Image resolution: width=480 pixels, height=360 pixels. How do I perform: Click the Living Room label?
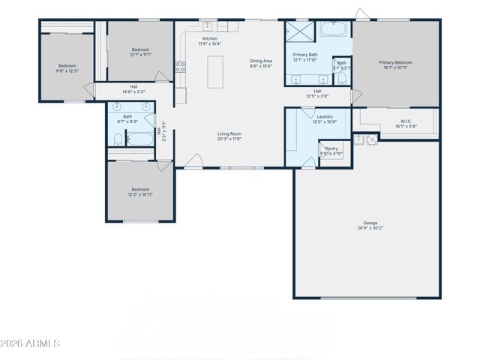click(229, 133)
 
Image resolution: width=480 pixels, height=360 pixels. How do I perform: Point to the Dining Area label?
click(261, 61)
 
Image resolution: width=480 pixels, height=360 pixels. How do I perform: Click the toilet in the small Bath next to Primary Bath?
click(342, 77)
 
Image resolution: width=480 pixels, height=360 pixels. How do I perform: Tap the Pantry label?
click(331, 148)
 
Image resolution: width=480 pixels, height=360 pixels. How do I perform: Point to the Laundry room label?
click(325, 116)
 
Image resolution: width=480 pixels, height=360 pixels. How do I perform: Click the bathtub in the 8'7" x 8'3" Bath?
click(140, 139)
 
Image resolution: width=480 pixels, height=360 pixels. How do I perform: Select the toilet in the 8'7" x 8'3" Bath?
click(118, 139)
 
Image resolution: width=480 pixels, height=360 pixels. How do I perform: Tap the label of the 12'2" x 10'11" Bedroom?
click(140, 190)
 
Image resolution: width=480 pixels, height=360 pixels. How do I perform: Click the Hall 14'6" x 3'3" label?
click(133, 86)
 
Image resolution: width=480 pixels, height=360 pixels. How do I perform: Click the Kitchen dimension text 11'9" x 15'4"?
click(211, 44)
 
